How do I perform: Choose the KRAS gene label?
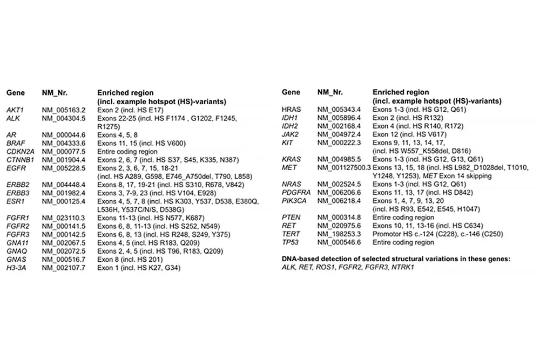292,159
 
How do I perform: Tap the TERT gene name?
291,234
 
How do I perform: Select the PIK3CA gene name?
295,201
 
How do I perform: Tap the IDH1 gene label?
290,118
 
